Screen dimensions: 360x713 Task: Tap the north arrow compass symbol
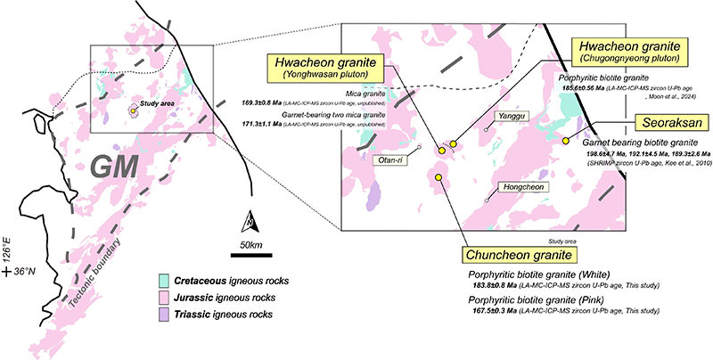[249, 221]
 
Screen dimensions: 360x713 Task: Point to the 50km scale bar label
[249, 245]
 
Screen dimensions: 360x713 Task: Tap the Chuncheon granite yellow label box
[505, 253]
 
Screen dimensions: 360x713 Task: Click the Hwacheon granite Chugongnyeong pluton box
[632, 50]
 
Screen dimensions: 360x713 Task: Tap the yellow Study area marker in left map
[133, 110]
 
